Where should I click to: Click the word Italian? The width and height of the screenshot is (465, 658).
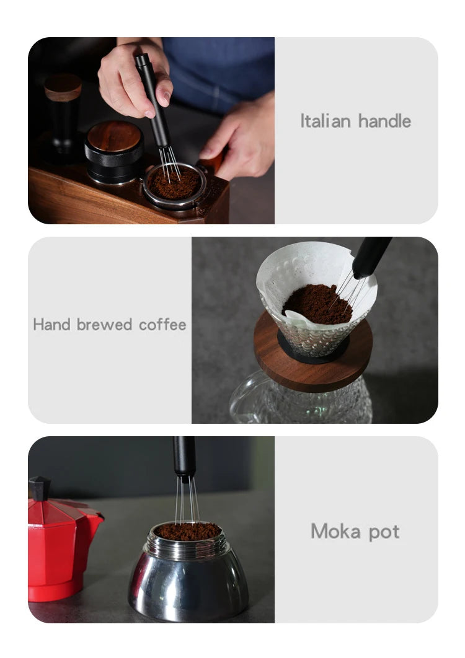pyautogui.click(x=325, y=121)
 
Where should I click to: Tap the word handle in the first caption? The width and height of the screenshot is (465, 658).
pyautogui.click(x=385, y=121)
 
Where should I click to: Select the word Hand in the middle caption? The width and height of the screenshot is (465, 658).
pyautogui.click(x=51, y=325)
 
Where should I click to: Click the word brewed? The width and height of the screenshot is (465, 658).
pyautogui.click(x=105, y=325)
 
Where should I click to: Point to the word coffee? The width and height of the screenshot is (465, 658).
pyautogui.click(x=162, y=325)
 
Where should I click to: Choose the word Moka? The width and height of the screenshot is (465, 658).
pyautogui.click(x=335, y=531)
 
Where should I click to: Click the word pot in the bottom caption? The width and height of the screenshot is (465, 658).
pyautogui.click(x=384, y=532)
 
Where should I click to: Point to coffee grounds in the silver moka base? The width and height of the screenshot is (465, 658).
pyautogui.click(x=188, y=531)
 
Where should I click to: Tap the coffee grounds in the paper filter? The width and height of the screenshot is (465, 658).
pyautogui.click(x=317, y=304)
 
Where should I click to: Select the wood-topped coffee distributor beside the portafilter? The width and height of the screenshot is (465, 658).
pyautogui.click(x=114, y=153)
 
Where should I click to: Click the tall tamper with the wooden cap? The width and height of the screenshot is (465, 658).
pyautogui.click(x=63, y=113)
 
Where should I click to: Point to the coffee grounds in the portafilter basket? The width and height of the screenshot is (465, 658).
pyautogui.click(x=174, y=183)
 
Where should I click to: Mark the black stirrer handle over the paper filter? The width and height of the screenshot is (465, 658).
pyautogui.click(x=371, y=257)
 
